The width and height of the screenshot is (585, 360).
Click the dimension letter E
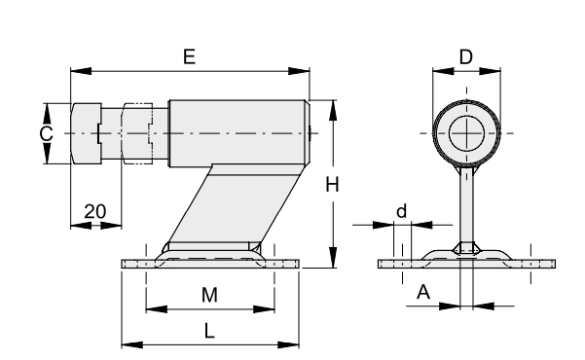click(x=190, y=57)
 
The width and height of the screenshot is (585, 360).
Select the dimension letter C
click(x=47, y=133)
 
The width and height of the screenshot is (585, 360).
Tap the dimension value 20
click(x=95, y=211)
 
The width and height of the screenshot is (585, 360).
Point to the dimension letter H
click(x=332, y=185)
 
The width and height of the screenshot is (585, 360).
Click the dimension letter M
click(x=209, y=295)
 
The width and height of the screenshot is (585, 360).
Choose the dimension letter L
click(x=209, y=331)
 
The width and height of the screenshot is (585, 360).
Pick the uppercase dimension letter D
click(x=466, y=57)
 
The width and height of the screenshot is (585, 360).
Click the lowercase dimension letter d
click(x=401, y=211)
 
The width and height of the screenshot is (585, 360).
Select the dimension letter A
click(x=423, y=292)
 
